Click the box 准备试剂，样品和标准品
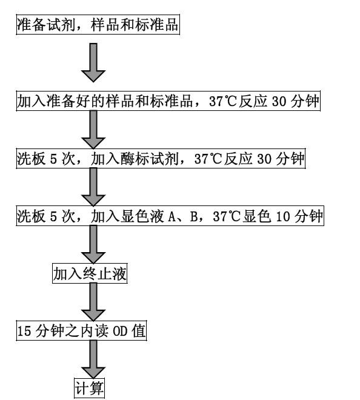[x=97, y=26]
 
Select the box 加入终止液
[x=90, y=275]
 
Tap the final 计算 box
[x=89, y=388]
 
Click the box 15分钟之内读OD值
[x=81, y=332]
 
